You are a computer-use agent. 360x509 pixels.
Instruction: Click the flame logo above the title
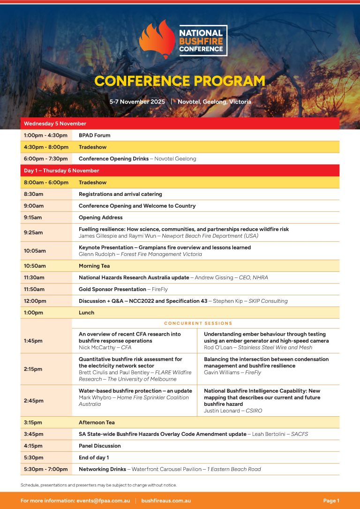pos(157,40)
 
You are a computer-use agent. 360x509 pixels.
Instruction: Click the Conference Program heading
pos(180,81)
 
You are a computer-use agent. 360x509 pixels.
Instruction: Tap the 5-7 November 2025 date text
pos(137,102)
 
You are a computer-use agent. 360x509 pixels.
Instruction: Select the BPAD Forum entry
pos(95,135)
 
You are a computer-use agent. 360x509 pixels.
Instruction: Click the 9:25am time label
pos(33,232)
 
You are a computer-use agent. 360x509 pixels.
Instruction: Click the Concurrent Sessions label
pos(198,323)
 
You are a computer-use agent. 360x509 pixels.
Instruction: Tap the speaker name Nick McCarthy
pos(97,347)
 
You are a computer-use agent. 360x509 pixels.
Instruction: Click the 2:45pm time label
pos(34,401)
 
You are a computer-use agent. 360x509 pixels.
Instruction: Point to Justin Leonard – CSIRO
pos(233,411)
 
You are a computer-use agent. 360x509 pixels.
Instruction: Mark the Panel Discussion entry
pos(100,446)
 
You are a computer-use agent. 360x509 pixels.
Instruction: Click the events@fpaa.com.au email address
pos(103,501)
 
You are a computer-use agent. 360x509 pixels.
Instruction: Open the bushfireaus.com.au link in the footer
pos(166,501)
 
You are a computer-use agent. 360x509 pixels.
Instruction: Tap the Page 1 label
pos(331,501)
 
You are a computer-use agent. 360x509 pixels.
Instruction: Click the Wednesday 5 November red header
pos(55,124)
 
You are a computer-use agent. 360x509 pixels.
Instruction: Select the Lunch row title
pos(86,313)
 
